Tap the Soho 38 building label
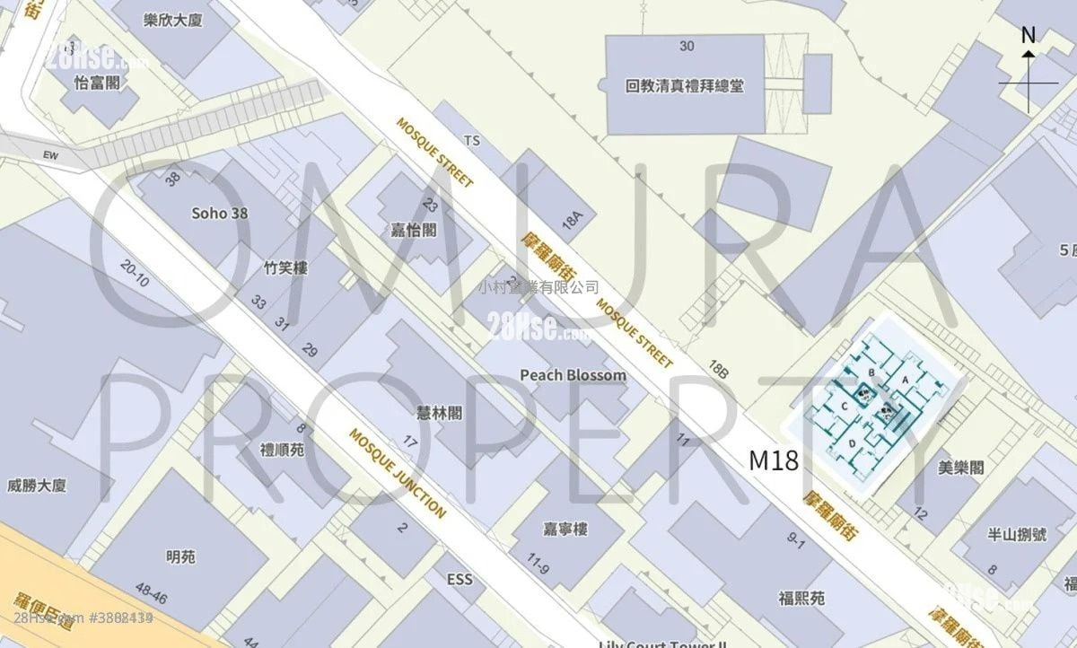coord(220,214)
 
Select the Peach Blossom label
coord(574,374)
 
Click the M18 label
coord(774,461)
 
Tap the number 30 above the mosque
coord(687,46)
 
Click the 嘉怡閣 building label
coord(416,229)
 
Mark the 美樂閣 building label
coord(960,468)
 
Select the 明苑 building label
coord(180,556)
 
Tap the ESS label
coord(459,580)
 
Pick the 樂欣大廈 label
coord(173,20)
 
